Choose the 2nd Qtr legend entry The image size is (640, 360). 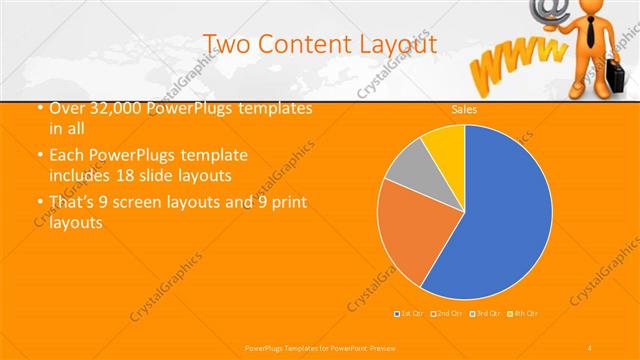coord(446,314)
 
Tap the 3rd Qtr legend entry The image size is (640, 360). coord(485,314)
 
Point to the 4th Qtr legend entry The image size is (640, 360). coord(523,314)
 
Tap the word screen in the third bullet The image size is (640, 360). coord(153,203)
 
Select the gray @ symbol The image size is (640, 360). coord(533,11)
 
